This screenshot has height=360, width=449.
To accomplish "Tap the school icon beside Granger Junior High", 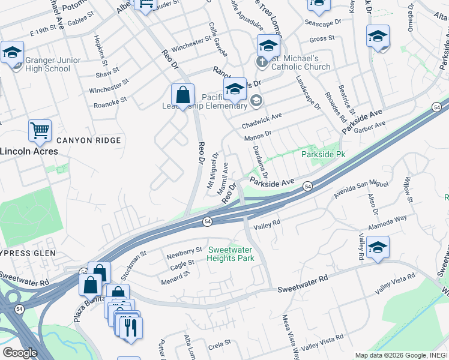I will [12, 52].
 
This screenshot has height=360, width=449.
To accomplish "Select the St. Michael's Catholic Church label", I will [301, 62].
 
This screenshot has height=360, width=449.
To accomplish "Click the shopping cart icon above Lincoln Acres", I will [40, 130].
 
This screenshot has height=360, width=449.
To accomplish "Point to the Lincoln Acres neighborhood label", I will [29, 151].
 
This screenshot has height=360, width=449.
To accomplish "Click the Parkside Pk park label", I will [323, 154].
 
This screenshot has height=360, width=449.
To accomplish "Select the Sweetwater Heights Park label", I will [231, 254].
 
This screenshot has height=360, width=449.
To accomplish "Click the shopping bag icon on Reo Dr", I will [182, 95].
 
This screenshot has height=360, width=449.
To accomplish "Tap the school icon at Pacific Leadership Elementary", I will [235, 90].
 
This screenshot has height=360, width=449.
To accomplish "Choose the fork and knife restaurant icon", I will [130, 328].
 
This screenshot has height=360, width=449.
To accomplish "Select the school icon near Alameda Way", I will [378, 248].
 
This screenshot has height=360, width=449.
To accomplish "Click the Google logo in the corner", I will [20, 353].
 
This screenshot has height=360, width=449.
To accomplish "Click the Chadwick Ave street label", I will [262, 122].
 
